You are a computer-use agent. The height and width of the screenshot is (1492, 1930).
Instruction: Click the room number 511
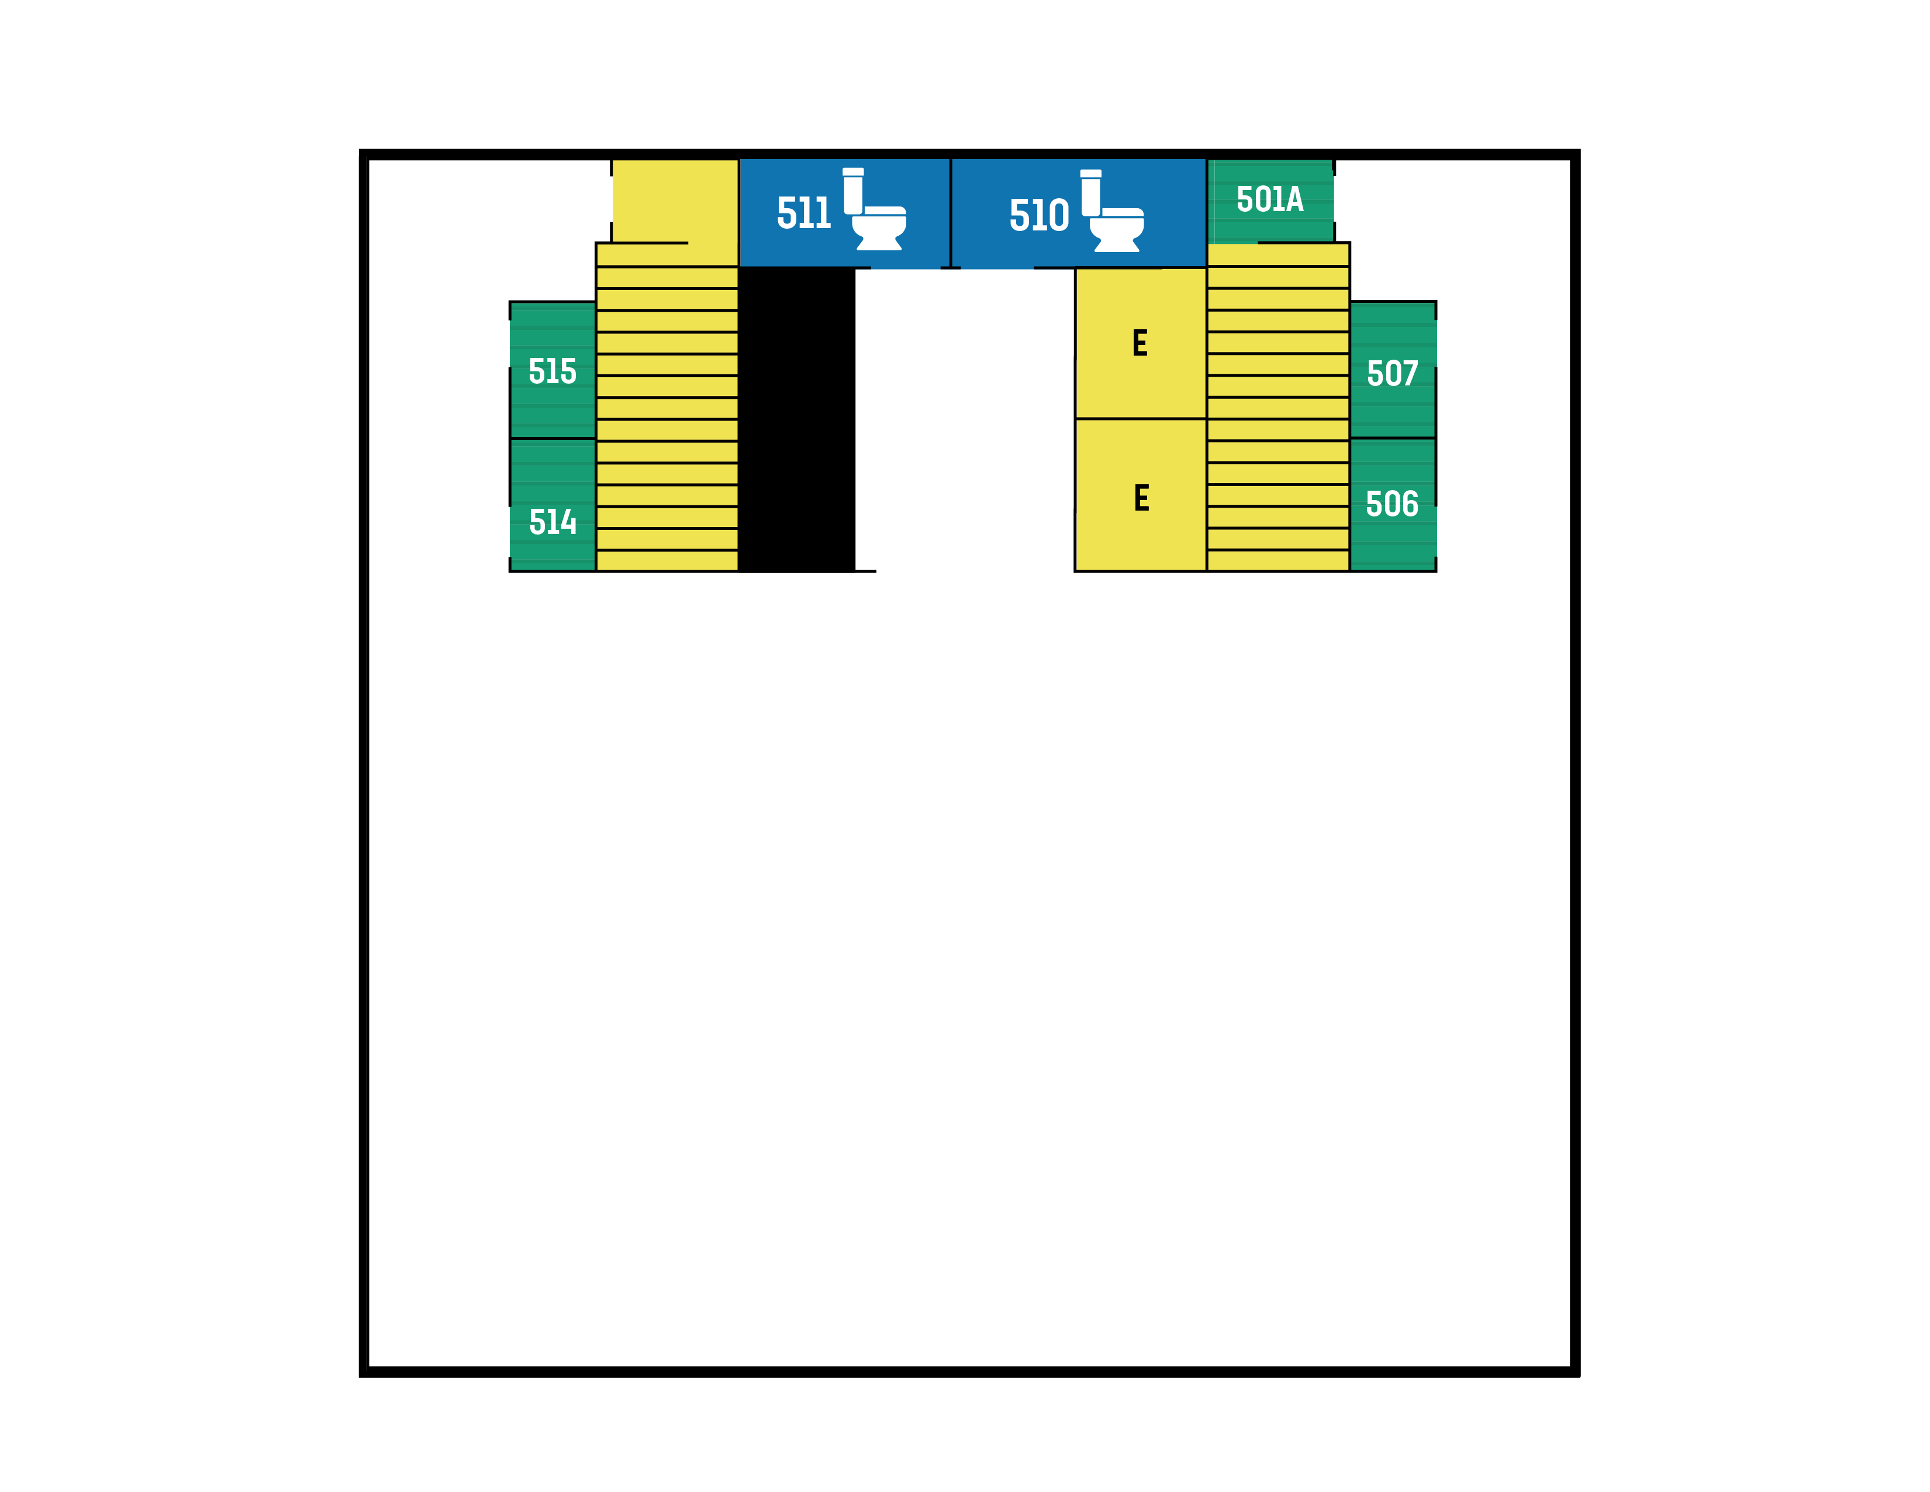tap(803, 213)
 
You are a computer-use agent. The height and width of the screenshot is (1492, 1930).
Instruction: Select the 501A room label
tap(1270, 200)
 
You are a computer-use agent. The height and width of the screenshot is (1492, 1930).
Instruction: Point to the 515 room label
tap(553, 371)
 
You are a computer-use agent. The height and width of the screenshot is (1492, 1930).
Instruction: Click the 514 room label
tap(553, 522)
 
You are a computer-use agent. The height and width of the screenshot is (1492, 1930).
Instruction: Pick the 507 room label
tap(1392, 373)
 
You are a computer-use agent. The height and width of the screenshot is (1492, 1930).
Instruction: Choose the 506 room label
tap(1392, 504)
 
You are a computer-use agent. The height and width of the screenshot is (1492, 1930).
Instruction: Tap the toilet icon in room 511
tap(874, 209)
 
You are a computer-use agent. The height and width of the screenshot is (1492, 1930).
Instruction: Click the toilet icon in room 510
tap(1111, 211)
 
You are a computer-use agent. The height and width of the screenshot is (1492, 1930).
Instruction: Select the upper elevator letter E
tap(1140, 343)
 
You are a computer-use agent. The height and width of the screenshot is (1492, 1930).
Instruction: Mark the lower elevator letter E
tap(1142, 498)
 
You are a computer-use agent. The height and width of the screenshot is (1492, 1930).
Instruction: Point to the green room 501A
tap(1270, 201)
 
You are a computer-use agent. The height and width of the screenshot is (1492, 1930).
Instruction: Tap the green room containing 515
tap(553, 370)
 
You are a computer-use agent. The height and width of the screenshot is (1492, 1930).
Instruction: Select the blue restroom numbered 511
tap(844, 213)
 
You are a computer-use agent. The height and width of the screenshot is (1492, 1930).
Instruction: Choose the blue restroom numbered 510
tap(1078, 213)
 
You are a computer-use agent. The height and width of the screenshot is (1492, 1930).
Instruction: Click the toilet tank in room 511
tap(853, 191)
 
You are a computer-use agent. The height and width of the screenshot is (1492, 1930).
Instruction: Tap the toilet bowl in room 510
tap(1117, 230)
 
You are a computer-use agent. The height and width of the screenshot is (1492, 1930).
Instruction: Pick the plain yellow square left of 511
tap(675, 201)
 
